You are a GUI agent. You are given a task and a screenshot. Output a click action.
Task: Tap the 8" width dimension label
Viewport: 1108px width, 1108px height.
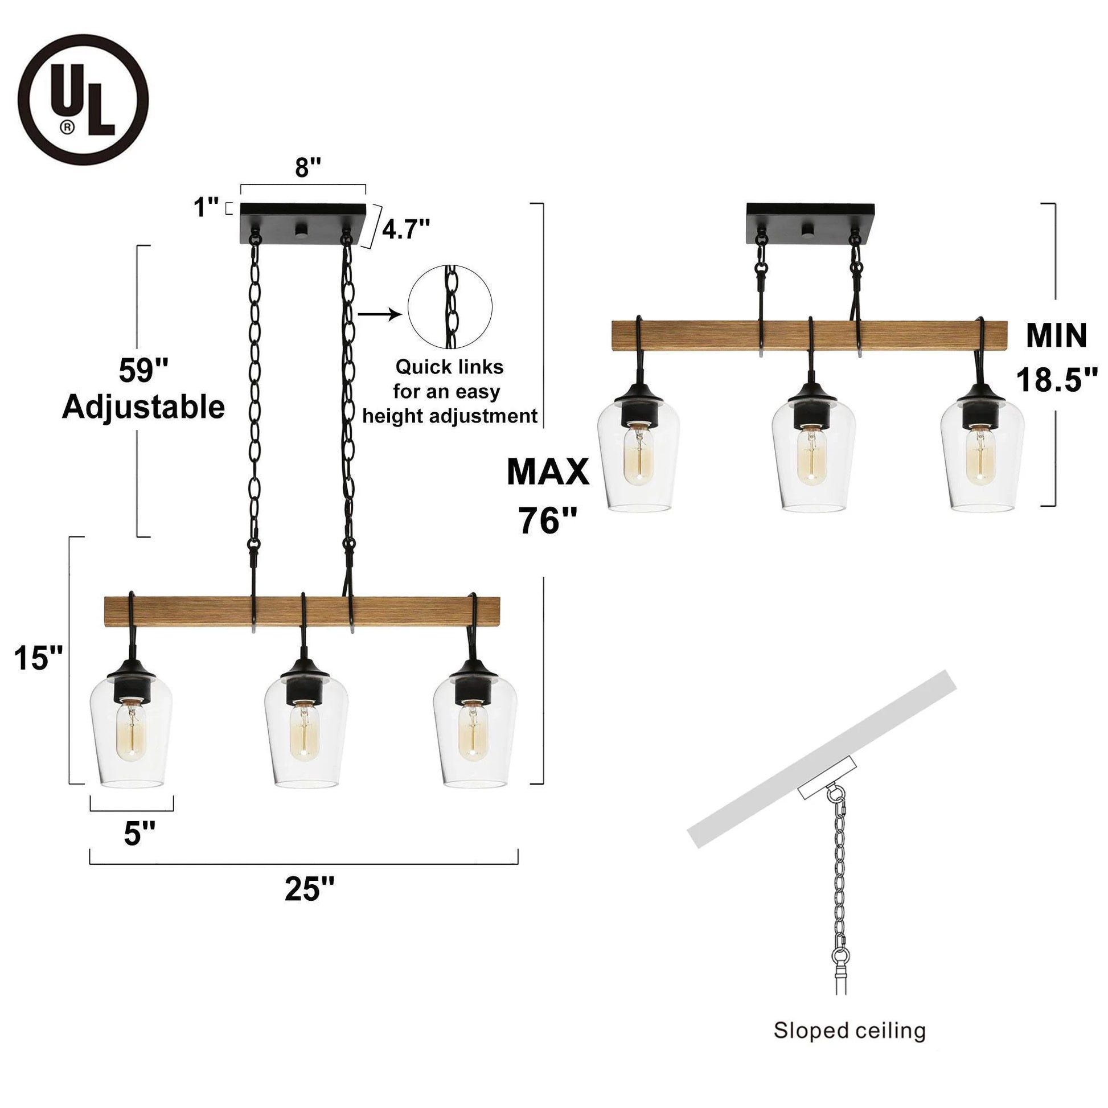[307, 167]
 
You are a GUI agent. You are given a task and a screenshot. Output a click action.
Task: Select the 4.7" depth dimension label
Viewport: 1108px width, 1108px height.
[405, 230]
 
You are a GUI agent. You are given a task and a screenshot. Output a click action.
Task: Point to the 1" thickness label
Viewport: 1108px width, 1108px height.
[207, 207]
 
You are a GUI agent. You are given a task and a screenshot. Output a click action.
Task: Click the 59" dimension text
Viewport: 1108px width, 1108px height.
[143, 370]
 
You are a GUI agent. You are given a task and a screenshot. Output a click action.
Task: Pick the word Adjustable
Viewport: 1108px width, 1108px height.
[143, 408]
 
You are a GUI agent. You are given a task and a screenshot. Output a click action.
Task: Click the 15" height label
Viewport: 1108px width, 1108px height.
[38, 658]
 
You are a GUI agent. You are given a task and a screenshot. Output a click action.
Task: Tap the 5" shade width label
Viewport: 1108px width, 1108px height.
[140, 834]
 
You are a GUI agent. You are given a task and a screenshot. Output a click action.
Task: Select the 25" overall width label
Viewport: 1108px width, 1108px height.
[309, 889]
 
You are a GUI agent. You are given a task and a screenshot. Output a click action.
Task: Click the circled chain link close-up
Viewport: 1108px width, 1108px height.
[450, 307]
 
